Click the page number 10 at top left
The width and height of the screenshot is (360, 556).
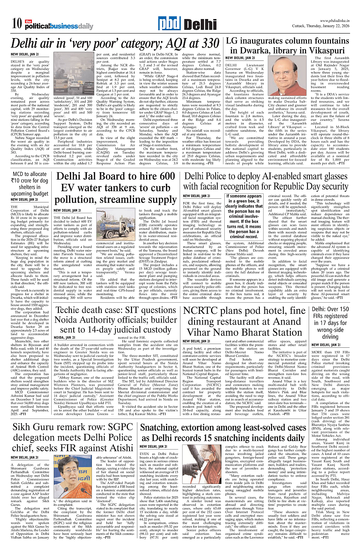pos(17,24)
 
